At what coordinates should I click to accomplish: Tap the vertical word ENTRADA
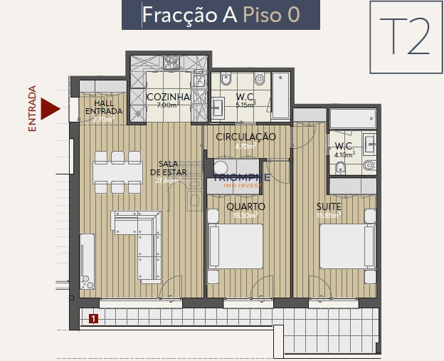click(x=32, y=109)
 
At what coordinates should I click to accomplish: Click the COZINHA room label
click(x=169, y=97)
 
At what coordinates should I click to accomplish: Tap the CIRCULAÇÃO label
click(x=245, y=137)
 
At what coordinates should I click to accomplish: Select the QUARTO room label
click(x=245, y=206)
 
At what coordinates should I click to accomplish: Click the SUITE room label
click(x=329, y=206)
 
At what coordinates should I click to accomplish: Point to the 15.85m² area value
click(x=329, y=215)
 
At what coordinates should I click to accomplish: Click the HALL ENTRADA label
click(x=104, y=108)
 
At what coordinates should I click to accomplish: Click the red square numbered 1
click(x=93, y=319)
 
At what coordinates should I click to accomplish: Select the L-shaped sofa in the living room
click(x=139, y=235)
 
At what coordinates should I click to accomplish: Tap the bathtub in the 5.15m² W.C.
click(x=280, y=95)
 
